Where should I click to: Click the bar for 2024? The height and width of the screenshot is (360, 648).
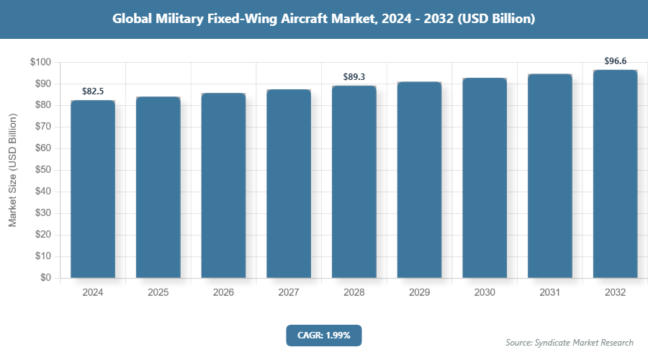pyautogui.click(x=92, y=189)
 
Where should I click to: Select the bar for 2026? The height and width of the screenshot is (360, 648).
pyautogui.click(x=223, y=185)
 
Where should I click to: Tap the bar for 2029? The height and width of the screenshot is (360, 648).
pyautogui.click(x=419, y=179)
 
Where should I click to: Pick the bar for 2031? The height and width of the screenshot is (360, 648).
pyautogui.click(x=550, y=176)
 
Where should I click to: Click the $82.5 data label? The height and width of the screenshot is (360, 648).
pyautogui.click(x=92, y=91)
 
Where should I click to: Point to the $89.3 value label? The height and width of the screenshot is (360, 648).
pyautogui.click(x=354, y=76)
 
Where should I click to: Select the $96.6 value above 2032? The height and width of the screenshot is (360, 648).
pyautogui.click(x=615, y=61)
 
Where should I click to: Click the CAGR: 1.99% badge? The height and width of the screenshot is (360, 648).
pyautogui.click(x=323, y=335)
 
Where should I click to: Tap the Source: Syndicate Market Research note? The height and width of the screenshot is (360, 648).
pyautogui.click(x=570, y=342)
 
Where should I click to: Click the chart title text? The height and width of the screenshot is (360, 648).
pyautogui.click(x=323, y=19)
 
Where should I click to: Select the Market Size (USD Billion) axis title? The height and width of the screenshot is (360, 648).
pyautogui.click(x=12, y=170)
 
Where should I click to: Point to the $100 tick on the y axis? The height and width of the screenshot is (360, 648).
pyautogui.click(x=40, y=63)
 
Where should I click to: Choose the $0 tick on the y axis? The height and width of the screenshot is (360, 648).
pyautogui.click(x=45, y=278)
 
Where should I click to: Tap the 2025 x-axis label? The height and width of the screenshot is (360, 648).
pyautogui.click(x=158, y=293)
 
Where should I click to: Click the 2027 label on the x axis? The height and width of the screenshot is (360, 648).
pyautogui.click(x=289, y=293)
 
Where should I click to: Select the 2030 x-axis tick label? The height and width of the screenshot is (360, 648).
pyautogui.click(x=485, y=293)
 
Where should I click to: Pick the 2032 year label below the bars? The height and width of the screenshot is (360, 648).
pyautogui.click(x=615, y=293)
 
